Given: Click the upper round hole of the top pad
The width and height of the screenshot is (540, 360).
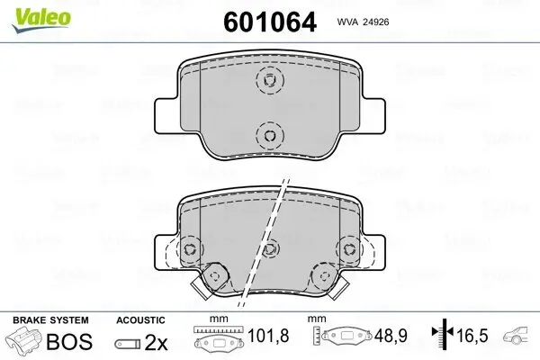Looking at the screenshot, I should (268, 81).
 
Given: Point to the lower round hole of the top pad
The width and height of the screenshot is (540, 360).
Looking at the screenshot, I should (268, 136).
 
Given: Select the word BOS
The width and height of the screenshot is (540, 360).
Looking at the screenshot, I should (65, 341).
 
